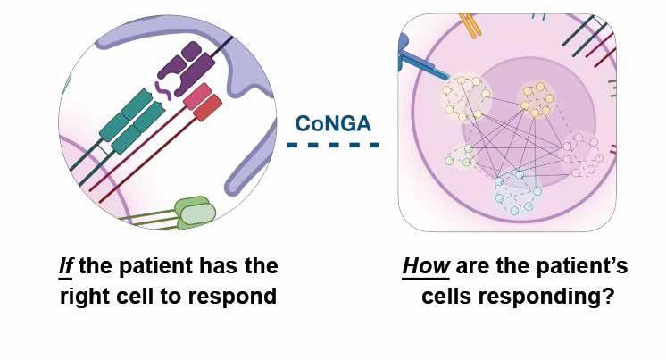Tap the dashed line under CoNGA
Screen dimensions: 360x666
coord(333,145)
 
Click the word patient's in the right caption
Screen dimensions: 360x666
coord(580,266)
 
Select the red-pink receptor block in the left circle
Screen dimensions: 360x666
coord(203,101)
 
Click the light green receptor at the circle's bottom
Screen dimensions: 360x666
coord(196,211)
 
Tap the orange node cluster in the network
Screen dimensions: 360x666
coord(538,102)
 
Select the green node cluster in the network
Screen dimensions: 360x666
coord(462,156)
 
